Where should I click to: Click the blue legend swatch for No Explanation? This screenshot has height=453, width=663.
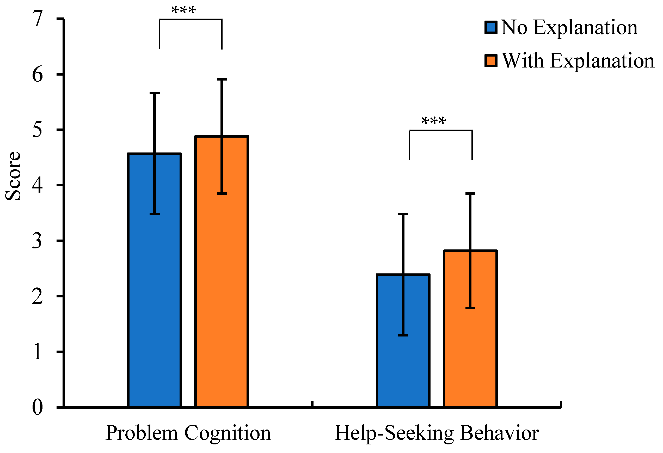coord(491,27)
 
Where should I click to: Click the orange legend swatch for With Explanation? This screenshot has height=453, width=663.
coord(491,60)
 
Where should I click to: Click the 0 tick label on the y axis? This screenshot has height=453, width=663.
coord(38,407)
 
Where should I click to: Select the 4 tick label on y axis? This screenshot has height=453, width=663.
coord(38,185)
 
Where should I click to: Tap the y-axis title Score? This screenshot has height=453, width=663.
coord(13,176)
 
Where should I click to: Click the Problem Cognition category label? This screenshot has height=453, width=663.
coord(188,433)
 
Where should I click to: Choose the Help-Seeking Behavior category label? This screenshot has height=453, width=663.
coord(437,433)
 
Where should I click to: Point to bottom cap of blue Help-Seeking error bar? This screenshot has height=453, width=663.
coord(403,335)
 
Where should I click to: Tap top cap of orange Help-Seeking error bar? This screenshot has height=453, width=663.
coord(470,194)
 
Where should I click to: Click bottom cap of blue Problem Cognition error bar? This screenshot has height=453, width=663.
coord(155,214)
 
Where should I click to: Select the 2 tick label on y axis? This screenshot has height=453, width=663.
coord(38,296)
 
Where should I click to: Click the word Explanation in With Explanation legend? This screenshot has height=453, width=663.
coord(602,61)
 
